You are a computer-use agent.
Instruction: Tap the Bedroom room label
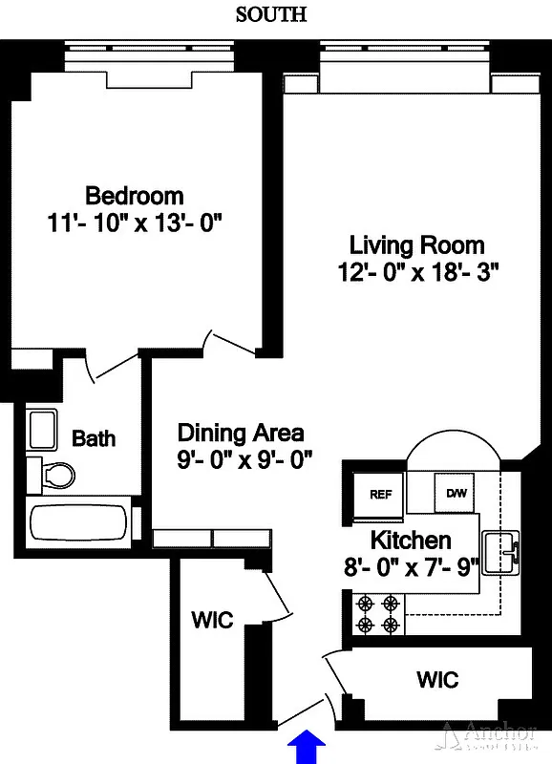(x=135, y=196)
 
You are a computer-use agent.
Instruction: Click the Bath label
(x=94, y=438)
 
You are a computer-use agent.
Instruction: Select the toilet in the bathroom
(x=55, y=474)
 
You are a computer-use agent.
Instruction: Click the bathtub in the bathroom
(x=79, y=522)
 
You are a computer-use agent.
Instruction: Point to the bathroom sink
(x=43, y=431)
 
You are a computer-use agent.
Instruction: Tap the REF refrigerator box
(x=380, y=494)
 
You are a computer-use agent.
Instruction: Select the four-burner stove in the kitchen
(x=377, y=614)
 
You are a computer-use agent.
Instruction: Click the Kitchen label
(x=411, y=540)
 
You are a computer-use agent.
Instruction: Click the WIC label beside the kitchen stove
(x=437, y=680)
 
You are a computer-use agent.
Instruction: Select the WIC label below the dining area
(x=212, y=620)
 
